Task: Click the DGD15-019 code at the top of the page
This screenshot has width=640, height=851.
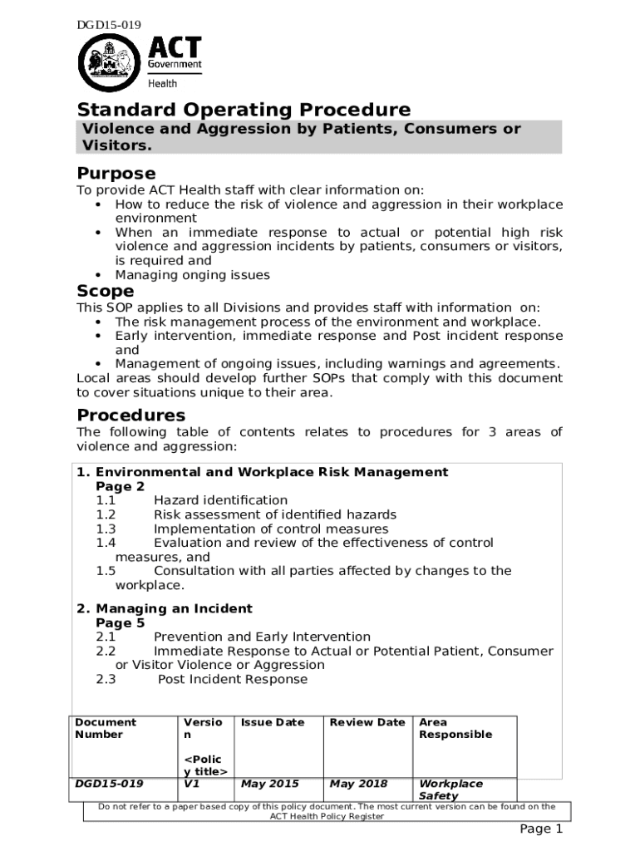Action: coord(108,26)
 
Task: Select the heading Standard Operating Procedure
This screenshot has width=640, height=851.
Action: coord(244,110)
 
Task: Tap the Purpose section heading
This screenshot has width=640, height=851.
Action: coord(116,174)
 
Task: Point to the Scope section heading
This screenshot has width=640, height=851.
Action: coord(106,291)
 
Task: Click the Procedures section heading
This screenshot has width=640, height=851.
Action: coord(131,415)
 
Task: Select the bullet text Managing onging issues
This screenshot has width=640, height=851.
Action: coord(192,275)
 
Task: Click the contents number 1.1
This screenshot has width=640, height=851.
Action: coord(106,500)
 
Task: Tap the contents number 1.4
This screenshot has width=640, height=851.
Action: coord(106,543)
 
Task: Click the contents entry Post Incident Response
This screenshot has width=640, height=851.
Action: coord(233,679)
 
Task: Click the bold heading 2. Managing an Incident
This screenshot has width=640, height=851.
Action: coord(165,608)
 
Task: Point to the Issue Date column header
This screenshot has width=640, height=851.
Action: coord(273,722)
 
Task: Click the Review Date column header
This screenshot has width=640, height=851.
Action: coord(367,722)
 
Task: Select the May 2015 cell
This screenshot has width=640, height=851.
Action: coord(269,784)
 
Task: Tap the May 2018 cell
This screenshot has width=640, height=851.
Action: coord(358,784)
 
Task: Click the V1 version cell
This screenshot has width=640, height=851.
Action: coord(190,784)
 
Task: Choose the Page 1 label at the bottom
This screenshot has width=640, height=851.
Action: coord(541,829)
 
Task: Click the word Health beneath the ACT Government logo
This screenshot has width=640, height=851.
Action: coord(162,83)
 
